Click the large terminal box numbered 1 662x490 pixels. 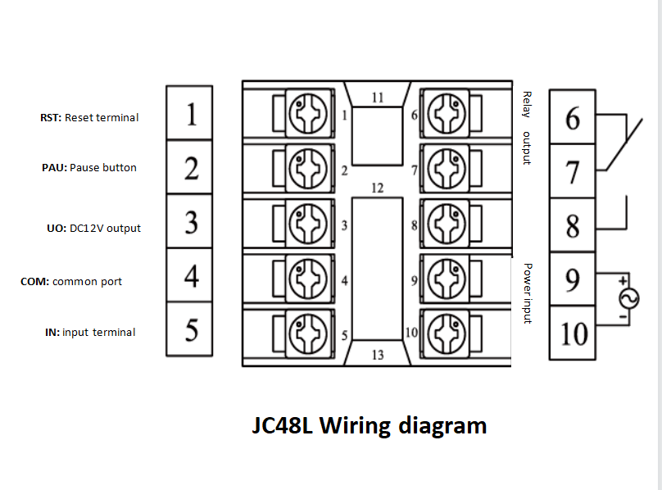pyautogui.click(x=189, y=113)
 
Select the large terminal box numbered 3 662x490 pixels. pyautogui.click(x=189, y=221)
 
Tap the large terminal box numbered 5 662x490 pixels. pyautogui.click(x=189, y=329)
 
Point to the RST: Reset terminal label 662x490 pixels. pyautogui.click(x=89, y=118)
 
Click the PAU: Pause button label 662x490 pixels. pyautogui.click(x=89, y=168)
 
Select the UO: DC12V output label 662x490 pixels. pyautogui.click(x=93, y=229)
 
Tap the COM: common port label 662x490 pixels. pyautogui.click(x=71, y=282)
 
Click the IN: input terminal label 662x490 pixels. pyautogui.click(x=90, y=333)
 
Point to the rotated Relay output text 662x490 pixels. pyautogui.click(x=527, y=127)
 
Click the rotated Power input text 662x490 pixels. pyautogui.click(x=527, y=293)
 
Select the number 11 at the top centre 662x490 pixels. pyautogui.click(x=377, y=98)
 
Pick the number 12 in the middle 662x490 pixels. pyautogui.click(x=377, y=188)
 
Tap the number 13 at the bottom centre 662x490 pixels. pyautogui.click(x=377, y=355)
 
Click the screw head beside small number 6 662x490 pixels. pyautogui.click(x=447, y=114)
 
